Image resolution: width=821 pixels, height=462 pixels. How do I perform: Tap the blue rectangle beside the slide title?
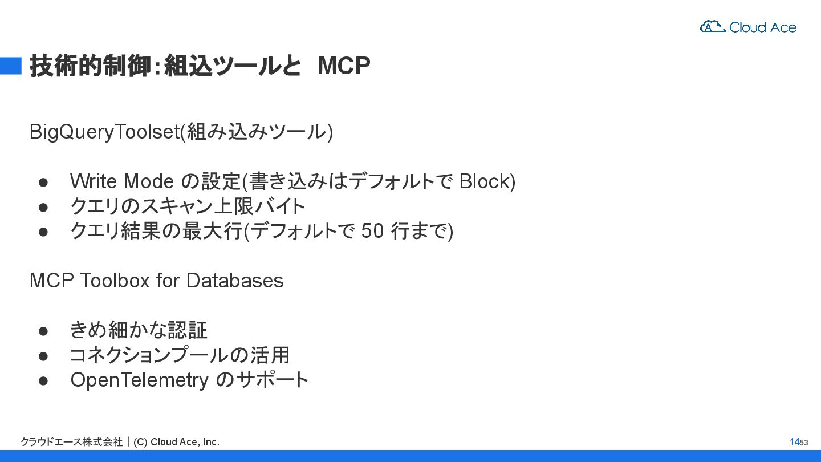click(x=10, y=66)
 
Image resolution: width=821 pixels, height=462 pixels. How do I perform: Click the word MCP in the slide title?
click(x=344, y=66)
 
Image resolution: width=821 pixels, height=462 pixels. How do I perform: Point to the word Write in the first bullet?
click(x=93, y=181)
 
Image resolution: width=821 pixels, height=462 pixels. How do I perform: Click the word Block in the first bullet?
click(x=485, y=181)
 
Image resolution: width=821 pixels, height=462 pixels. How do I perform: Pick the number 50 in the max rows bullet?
click(x=373, y=231)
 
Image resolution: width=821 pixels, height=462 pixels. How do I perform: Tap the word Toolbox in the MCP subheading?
click(x=116, y=281)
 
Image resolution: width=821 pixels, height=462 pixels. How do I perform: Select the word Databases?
click(x=234, y=281)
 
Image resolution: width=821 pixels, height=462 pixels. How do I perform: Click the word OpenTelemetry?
click(x=139, y=380)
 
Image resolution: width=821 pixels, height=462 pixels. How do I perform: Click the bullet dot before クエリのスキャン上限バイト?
click(x=43, y=206)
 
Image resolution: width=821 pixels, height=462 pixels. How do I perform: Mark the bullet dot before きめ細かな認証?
click(x=43, y=331)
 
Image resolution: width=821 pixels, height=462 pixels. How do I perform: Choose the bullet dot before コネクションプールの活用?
click(x=43, y=355)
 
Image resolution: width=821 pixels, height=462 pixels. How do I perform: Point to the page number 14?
click(x=794, y=442)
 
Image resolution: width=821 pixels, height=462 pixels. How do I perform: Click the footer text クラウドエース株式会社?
click(x=71, y=442)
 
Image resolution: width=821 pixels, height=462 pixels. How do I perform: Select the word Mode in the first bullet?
click(x=148, y=181)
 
